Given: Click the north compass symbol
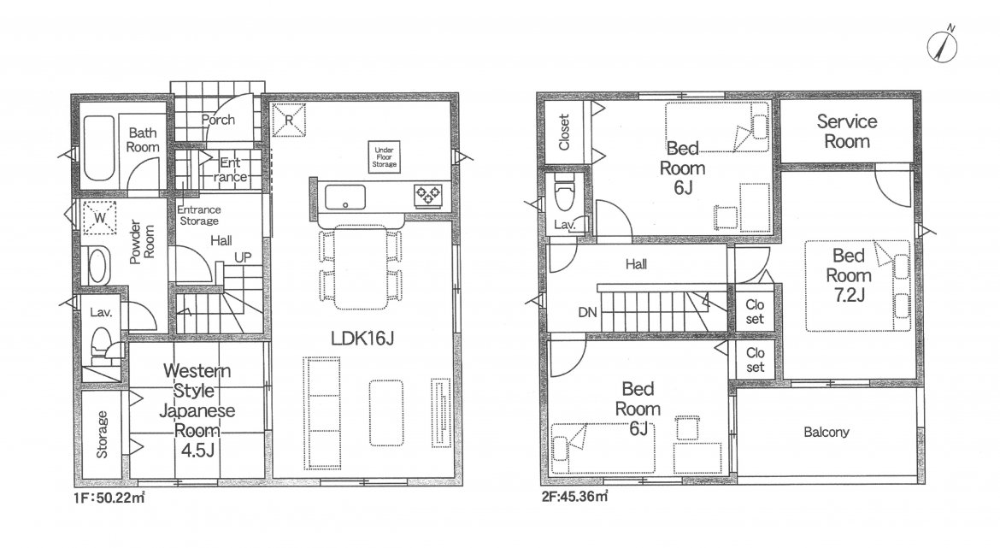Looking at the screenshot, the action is (942, 45).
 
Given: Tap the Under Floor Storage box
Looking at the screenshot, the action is (384, 156).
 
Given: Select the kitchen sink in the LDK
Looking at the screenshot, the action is (345, 197).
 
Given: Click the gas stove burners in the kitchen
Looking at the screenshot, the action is (428, 195).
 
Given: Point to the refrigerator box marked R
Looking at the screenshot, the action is (289, 120).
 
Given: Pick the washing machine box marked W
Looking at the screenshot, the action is (100, 217).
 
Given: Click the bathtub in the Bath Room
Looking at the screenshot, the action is (98, 148).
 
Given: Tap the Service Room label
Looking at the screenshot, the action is (846, 131).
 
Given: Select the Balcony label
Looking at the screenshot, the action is (826, 432).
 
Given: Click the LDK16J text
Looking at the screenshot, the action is (362, 338).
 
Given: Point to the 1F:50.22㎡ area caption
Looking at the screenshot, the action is (109, 498).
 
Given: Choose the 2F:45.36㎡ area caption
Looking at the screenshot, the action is (574, 496).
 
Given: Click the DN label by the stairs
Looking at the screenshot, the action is (587, 312).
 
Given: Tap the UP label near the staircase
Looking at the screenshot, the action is (243, 257).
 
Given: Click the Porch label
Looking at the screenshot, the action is (218, 120).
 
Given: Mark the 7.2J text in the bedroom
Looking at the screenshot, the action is (848, 295).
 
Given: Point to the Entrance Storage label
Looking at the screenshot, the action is (199, 215).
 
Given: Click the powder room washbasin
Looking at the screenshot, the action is (97, 265).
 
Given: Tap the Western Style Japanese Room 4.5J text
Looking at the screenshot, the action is (197, 410).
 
